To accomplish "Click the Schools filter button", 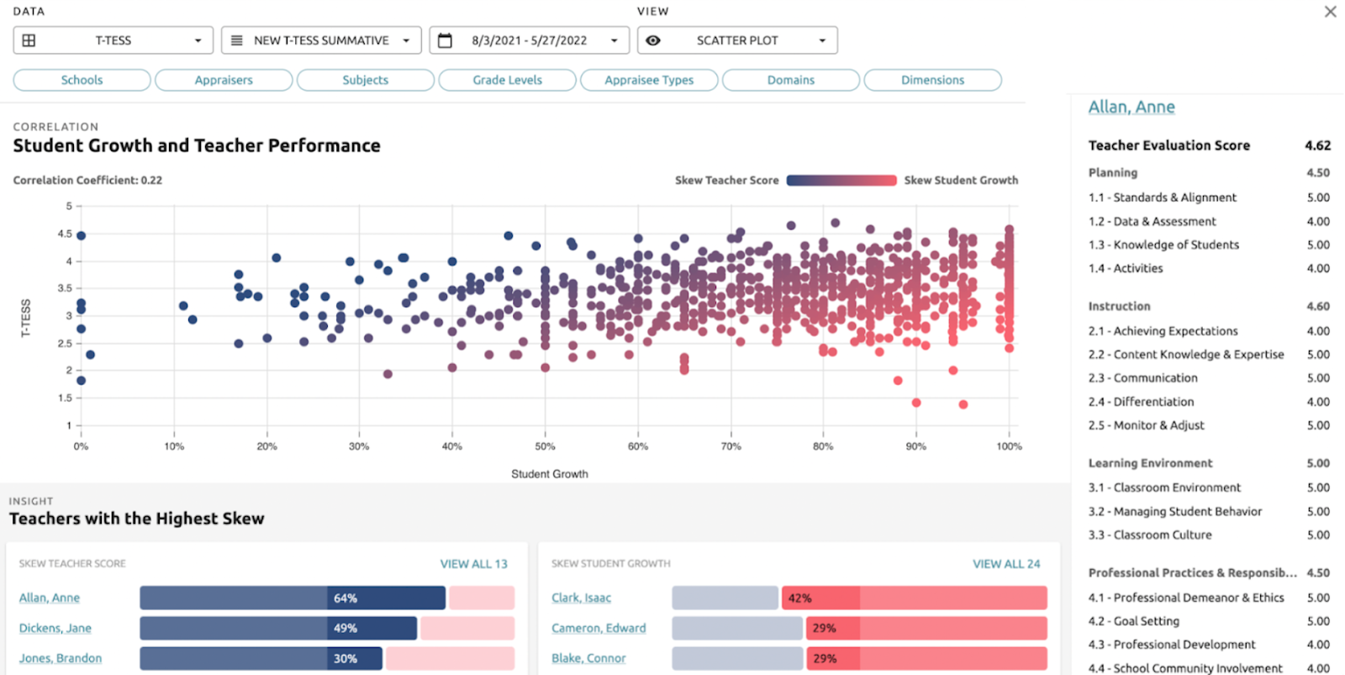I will click(82, 80).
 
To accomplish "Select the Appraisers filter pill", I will click(224, 80).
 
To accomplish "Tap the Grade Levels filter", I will click(507, 80).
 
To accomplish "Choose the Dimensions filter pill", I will click(932, 80).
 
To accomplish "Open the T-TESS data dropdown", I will click(113, 40).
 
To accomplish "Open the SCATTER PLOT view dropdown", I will click(737, 40).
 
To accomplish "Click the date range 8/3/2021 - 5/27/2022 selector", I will click(529, 40).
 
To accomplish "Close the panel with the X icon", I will click(1330, 12).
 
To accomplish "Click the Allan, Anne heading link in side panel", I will click(1131, 107).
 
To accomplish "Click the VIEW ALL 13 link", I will click(473, 564).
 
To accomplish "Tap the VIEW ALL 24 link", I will click(1006, 564).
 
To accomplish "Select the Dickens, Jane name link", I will click(55, 628).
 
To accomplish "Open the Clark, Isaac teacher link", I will click(581, 598).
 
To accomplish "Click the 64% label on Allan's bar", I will click(345, 599).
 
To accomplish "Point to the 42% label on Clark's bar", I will click(799, 599).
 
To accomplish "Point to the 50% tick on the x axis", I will click(545, 446).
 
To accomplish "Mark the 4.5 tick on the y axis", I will click(65, 234).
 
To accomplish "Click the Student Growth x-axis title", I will click(550, 474).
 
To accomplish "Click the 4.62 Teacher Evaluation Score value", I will click(1317, 145).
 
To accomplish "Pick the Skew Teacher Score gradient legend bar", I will click(841, 180).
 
